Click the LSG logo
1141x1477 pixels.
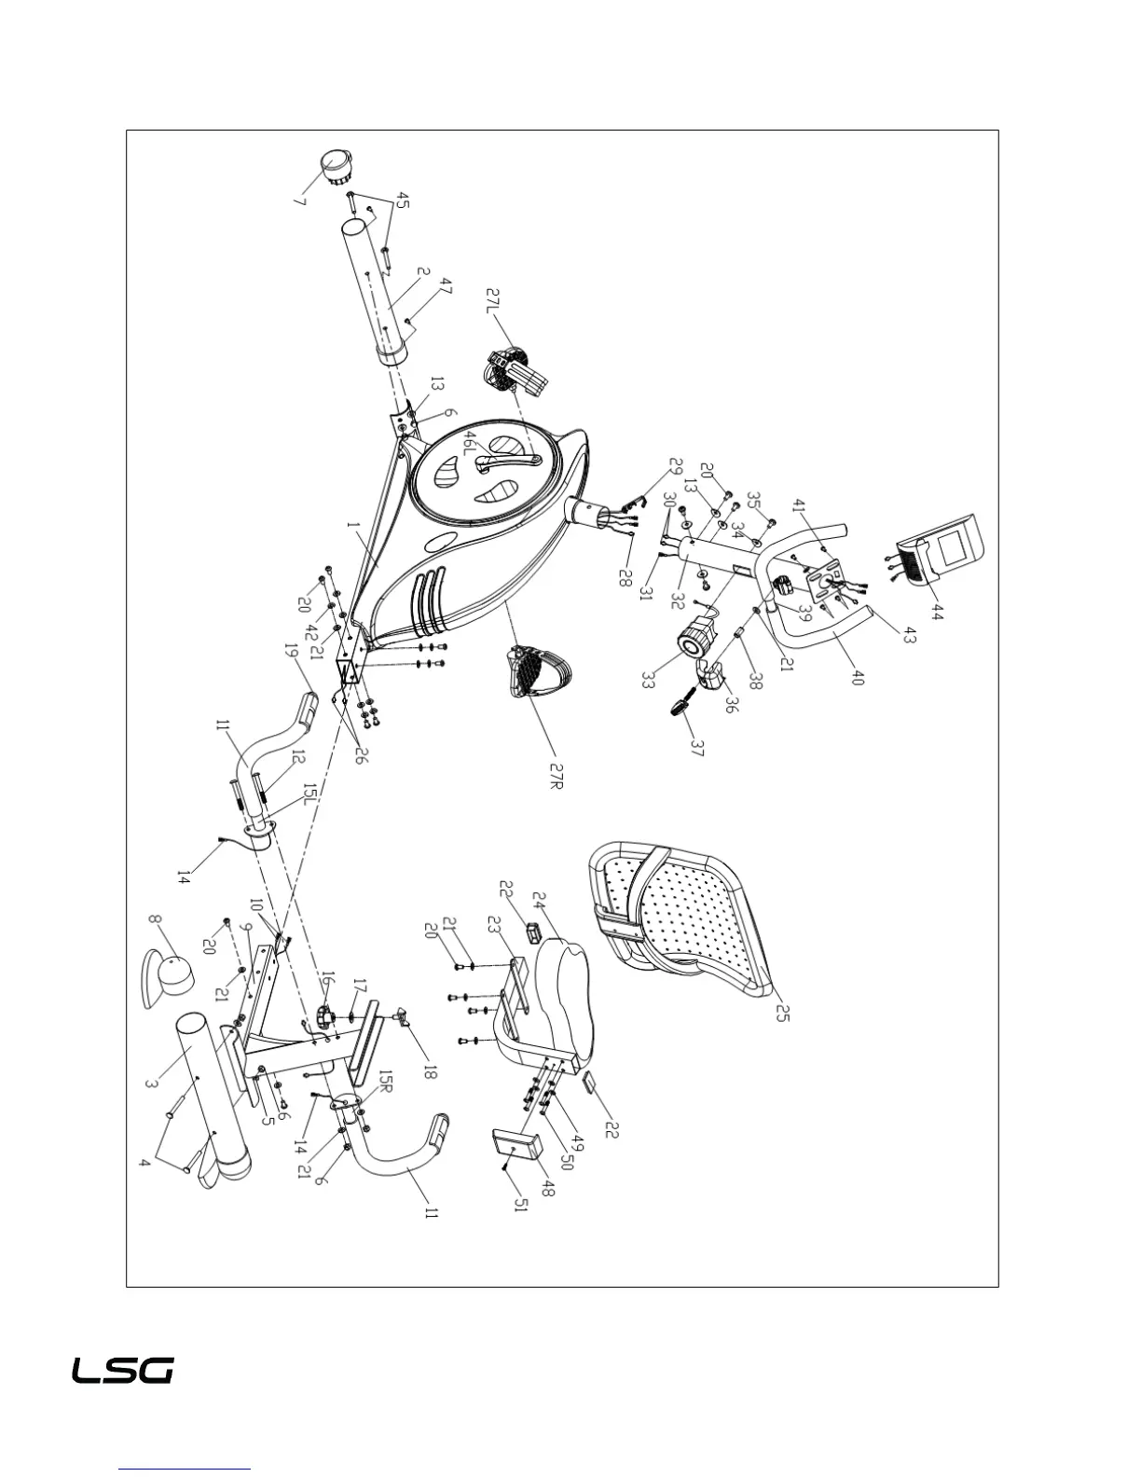pyautogui.click(x=123, y=1371)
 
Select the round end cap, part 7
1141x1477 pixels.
pyautogui.click(x=344, y=167)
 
